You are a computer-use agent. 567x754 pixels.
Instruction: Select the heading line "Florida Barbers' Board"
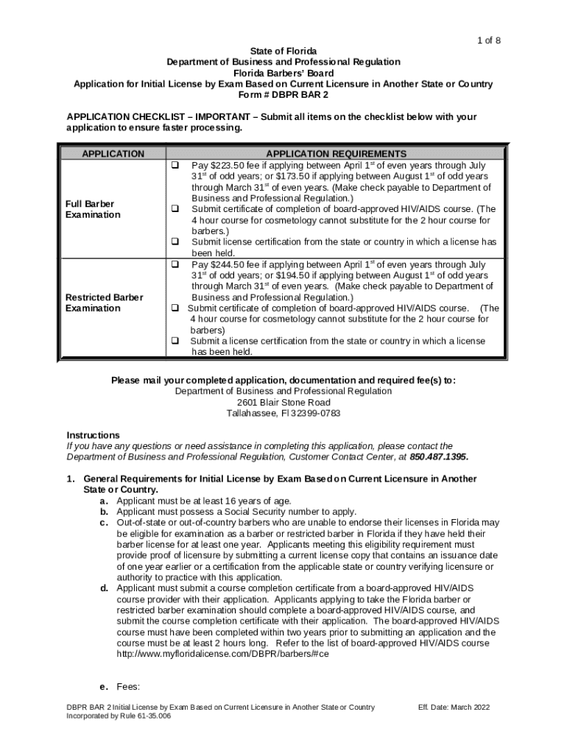point(283,73)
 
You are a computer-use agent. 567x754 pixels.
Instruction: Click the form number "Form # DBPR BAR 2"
point(283,95)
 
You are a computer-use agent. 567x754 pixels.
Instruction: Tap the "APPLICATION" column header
point(113,154)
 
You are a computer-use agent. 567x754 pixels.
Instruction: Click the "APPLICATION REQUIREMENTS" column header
point(336,154)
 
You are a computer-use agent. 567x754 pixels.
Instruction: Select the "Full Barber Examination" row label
point(93,209)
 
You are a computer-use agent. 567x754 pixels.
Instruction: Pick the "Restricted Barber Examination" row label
point(104,303)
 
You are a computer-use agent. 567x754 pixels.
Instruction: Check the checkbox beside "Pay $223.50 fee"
point(176,165)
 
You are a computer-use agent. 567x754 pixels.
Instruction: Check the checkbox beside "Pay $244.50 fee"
point(176,264)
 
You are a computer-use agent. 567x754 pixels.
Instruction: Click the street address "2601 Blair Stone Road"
point(283,403)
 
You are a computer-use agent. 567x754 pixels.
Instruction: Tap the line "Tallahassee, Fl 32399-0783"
point(283,414)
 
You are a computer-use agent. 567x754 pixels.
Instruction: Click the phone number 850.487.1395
point(438,457)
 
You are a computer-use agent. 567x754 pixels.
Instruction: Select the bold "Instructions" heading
point(93,435)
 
